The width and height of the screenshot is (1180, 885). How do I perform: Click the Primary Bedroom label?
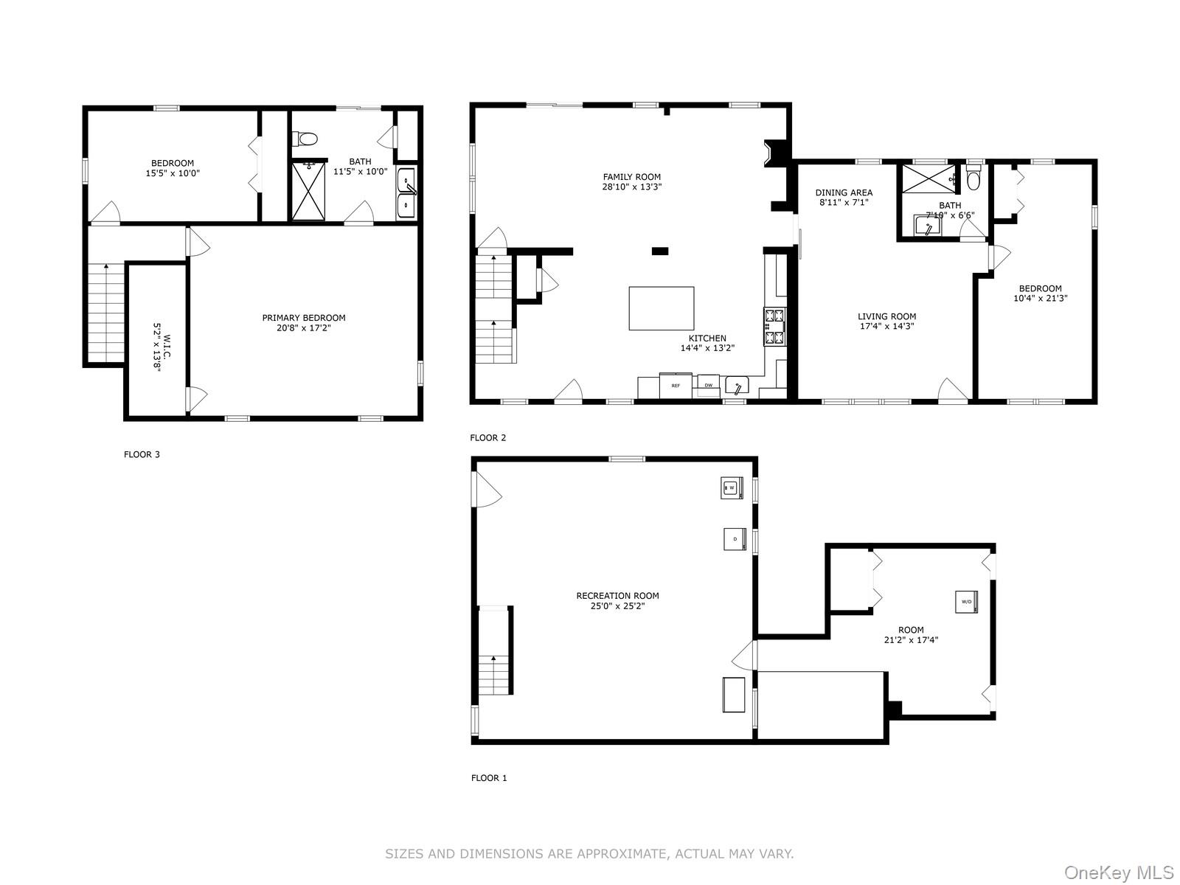click(x=304, y=318)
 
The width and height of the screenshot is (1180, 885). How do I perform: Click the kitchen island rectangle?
click(x=661, y=308)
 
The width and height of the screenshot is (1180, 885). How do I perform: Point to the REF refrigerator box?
click(x=676, y=385)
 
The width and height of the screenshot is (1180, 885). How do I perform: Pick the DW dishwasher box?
click(x=708, y=385)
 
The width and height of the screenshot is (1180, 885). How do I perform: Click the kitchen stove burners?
click(x=774, y=327)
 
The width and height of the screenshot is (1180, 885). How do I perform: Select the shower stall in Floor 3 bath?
click(x=308, y=191)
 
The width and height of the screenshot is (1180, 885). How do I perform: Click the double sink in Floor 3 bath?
click(x=406, y=192)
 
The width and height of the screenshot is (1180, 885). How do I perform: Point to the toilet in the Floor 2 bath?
click(x=974, y=179)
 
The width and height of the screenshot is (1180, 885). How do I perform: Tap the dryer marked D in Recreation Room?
click(x=735, y=539)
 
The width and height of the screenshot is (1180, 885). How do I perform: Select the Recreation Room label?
click(x=617, y=596)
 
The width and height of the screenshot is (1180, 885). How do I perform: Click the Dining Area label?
click(x=844, y=192)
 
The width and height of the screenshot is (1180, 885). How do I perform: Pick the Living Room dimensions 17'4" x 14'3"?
click(x=886, y=326)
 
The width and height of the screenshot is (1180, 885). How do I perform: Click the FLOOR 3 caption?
click(x=142, y=454)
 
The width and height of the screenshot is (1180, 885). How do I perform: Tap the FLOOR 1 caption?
click(x=489, y=777)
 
